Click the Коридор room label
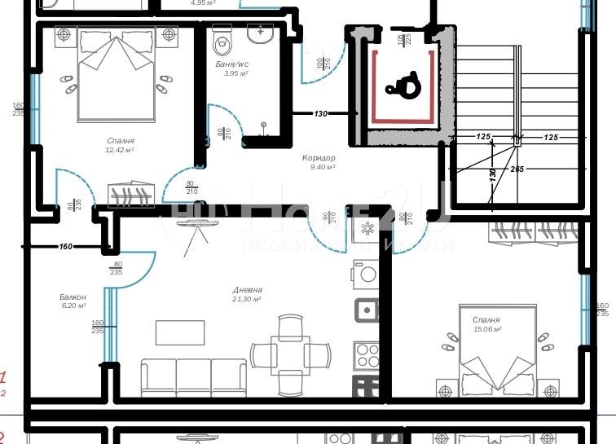click(319, 158)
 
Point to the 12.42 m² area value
click(120, 150)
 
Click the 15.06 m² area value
click(486, 329)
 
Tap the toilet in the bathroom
click(222, 37)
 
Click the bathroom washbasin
click(263, 34)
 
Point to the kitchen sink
click(367, 310)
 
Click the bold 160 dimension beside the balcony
click(66, 246)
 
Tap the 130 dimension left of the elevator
click(321, 114)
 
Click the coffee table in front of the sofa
click(180, 332)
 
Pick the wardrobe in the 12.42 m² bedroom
click(130, 196)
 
